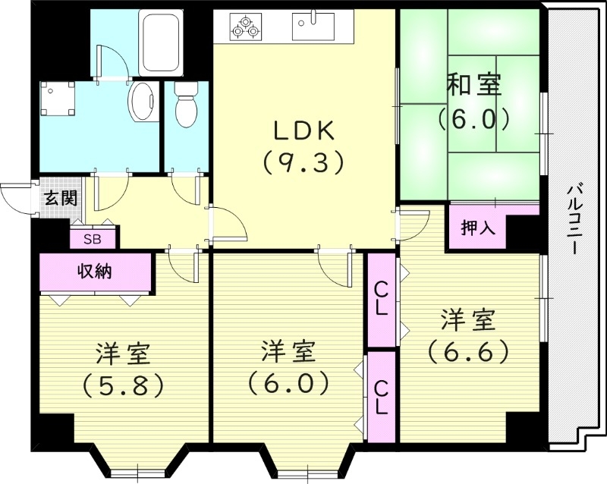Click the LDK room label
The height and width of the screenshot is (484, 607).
point(303,130)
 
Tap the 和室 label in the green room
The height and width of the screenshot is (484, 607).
point(473,85)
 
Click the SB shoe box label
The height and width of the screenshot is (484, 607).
point(93,239)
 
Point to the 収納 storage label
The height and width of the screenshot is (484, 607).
point(94,271)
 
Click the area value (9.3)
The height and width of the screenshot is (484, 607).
point(303,161)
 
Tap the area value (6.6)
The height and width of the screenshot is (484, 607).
point(467,351)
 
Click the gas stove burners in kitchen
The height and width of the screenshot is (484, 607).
point(246,27)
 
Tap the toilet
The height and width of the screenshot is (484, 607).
point(185,105)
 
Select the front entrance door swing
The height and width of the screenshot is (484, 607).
point(17,199)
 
